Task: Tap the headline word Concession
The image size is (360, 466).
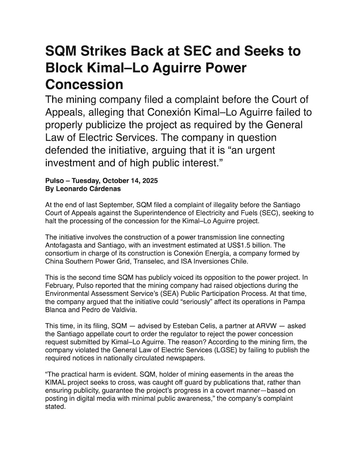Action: click(x=84, y=84)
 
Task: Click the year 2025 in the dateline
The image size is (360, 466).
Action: click(x=148, y=181)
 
